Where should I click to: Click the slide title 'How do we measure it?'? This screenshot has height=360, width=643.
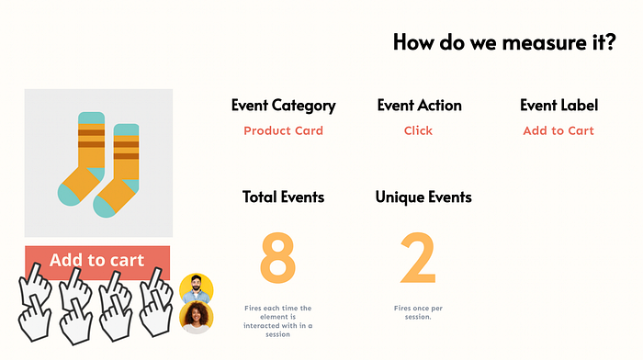point(504,42)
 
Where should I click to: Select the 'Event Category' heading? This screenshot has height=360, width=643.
point(283,106)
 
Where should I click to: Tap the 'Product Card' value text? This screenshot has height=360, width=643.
point(283,130)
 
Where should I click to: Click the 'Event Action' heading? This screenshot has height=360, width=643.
point(419,106)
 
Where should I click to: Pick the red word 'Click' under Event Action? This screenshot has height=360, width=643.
point(418,130)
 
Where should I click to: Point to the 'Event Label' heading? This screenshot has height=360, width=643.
point(558,106)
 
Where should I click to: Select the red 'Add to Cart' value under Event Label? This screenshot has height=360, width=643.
point(558,130)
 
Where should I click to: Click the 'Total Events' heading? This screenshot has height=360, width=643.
point(283,197)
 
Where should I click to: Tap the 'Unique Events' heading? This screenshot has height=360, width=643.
point(423,197)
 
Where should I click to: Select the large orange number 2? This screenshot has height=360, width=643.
point(418,258)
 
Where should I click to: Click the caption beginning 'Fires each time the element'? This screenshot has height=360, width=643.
point(278,317)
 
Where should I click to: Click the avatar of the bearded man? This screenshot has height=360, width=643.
point(197,288)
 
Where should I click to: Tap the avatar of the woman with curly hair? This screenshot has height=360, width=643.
point(196,318)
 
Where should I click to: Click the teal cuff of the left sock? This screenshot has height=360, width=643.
point(91,119)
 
